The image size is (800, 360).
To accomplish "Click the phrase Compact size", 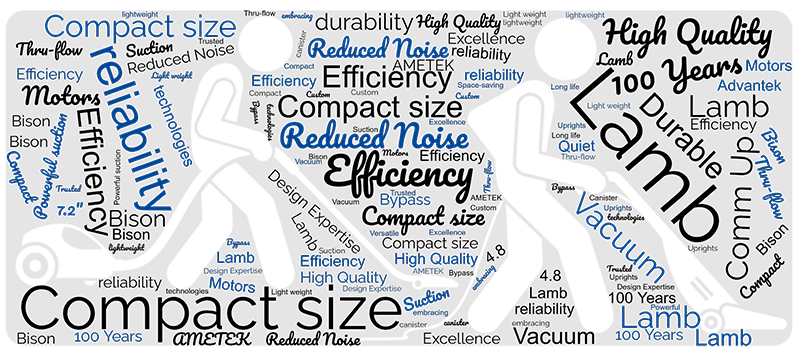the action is [139, 27].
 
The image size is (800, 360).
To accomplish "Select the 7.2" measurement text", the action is [68, 211].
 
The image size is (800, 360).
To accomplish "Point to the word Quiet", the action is [576, 146].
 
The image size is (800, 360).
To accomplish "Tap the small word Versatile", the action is [384, 233].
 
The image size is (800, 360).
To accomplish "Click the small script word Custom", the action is [467, 97].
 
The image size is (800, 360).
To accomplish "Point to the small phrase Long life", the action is [565, 87].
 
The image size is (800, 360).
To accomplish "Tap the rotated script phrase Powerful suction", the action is [50, 166].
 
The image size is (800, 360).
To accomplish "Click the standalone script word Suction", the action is [426, 300].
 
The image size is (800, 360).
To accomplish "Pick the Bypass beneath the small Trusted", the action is [405, 200].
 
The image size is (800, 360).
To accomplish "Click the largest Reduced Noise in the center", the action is [374, 137].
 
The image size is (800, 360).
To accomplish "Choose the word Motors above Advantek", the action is [768, 67].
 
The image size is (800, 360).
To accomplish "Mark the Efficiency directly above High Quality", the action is [332, 261].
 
